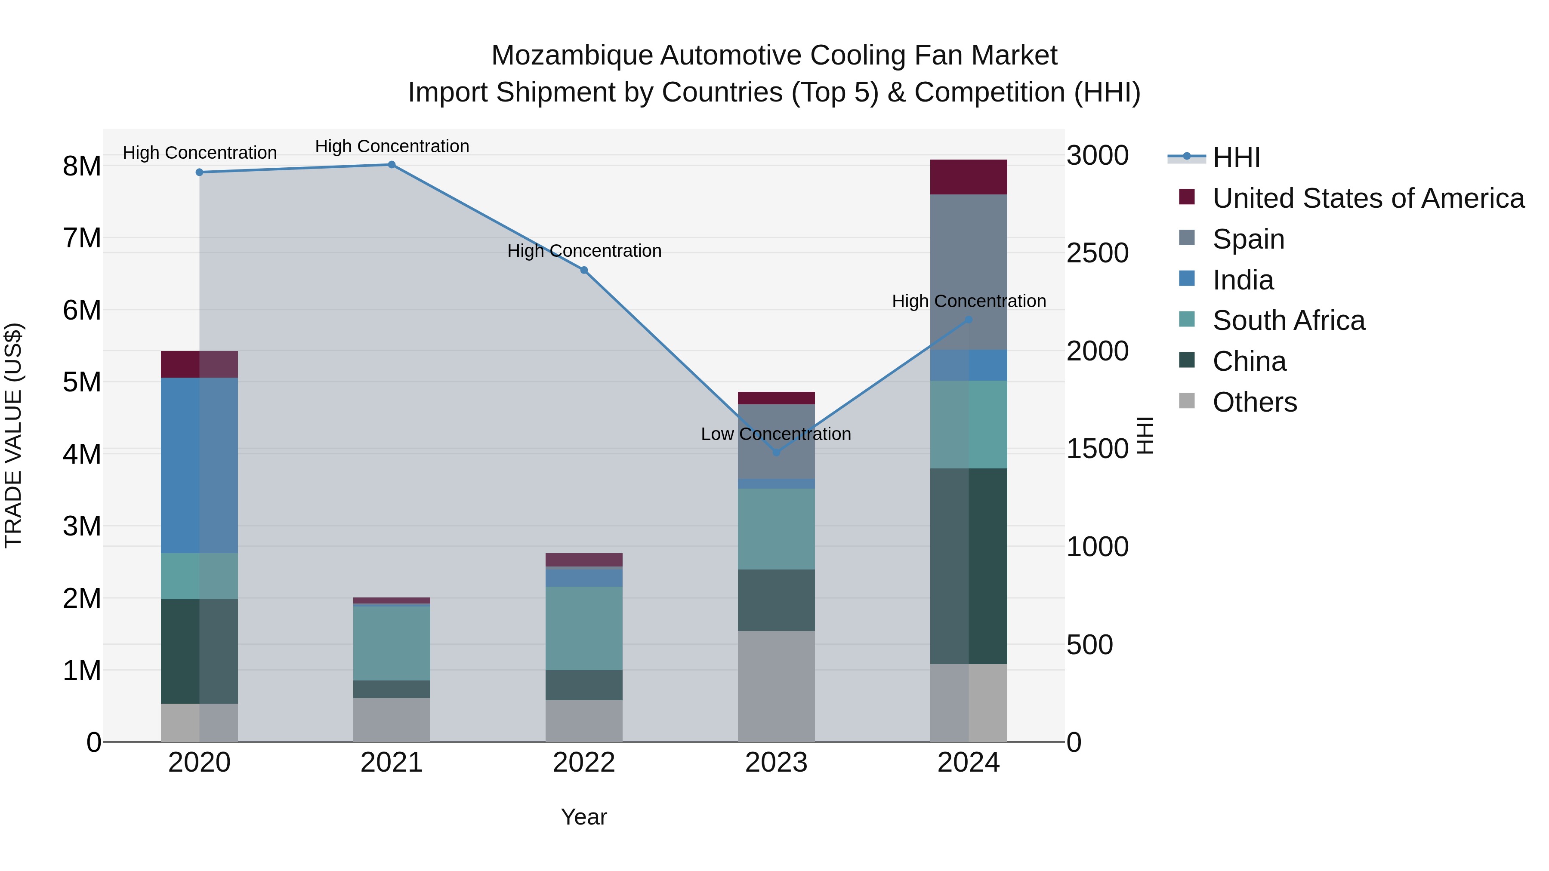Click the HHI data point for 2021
click(392, 165)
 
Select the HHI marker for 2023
click(776, 452)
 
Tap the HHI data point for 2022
click(584, 271)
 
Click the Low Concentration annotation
click(776, 434)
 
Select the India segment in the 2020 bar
click(199, 465)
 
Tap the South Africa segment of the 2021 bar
click(392, 643)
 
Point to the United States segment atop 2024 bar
click(968, 177)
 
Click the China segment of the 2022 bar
click(584, 685)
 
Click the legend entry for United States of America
click(1368, 198)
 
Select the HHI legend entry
click(1236, 157)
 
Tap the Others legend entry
click(1254, 402)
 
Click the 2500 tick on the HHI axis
click(1097, 253)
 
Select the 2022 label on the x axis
click(584, 763)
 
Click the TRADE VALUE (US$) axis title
click(13, 435)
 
